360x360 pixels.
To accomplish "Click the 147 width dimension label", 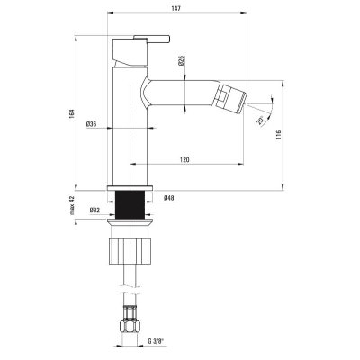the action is tap(176, 8).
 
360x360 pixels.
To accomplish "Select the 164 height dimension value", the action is tap(71, 113).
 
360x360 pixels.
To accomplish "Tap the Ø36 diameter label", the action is tap(91, 123).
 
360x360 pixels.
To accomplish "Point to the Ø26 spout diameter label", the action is tap(181, 60).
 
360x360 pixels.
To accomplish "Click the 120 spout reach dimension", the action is tap(184, 160).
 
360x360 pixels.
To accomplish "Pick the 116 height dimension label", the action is tap(278, 135).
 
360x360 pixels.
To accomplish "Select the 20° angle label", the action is tap(260, 121).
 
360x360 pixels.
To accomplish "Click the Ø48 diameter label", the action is tap(169, 198).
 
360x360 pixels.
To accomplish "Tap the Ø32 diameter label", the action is tap(94, 211).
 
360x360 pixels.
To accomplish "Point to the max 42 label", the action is tap(72, 205).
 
